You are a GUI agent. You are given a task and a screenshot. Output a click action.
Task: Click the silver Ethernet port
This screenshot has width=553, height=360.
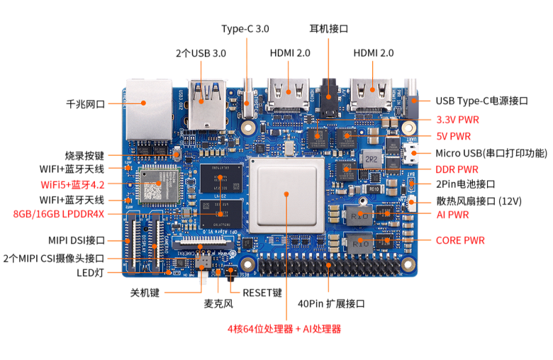point(148,106)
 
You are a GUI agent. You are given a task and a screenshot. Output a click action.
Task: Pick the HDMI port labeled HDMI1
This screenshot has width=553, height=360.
point(372,96)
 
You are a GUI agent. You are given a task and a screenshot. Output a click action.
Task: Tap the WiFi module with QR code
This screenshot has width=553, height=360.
point(153,186)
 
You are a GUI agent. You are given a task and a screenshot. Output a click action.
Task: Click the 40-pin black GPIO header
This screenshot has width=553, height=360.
point(328,266)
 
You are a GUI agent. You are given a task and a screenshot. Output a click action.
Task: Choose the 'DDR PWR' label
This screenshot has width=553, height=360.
point(457,169)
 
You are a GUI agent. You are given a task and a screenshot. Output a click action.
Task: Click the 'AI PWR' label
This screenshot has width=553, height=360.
point(452,214)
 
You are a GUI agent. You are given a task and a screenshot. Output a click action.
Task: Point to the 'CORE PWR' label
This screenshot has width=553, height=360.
point(459,241)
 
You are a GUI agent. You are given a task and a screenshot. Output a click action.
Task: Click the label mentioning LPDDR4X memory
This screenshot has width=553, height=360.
point(58,213)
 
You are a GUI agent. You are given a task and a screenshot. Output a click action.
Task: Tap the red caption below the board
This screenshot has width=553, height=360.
point(284,329)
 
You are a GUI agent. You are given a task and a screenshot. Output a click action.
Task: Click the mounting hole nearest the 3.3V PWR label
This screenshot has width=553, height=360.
point(408,128)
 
